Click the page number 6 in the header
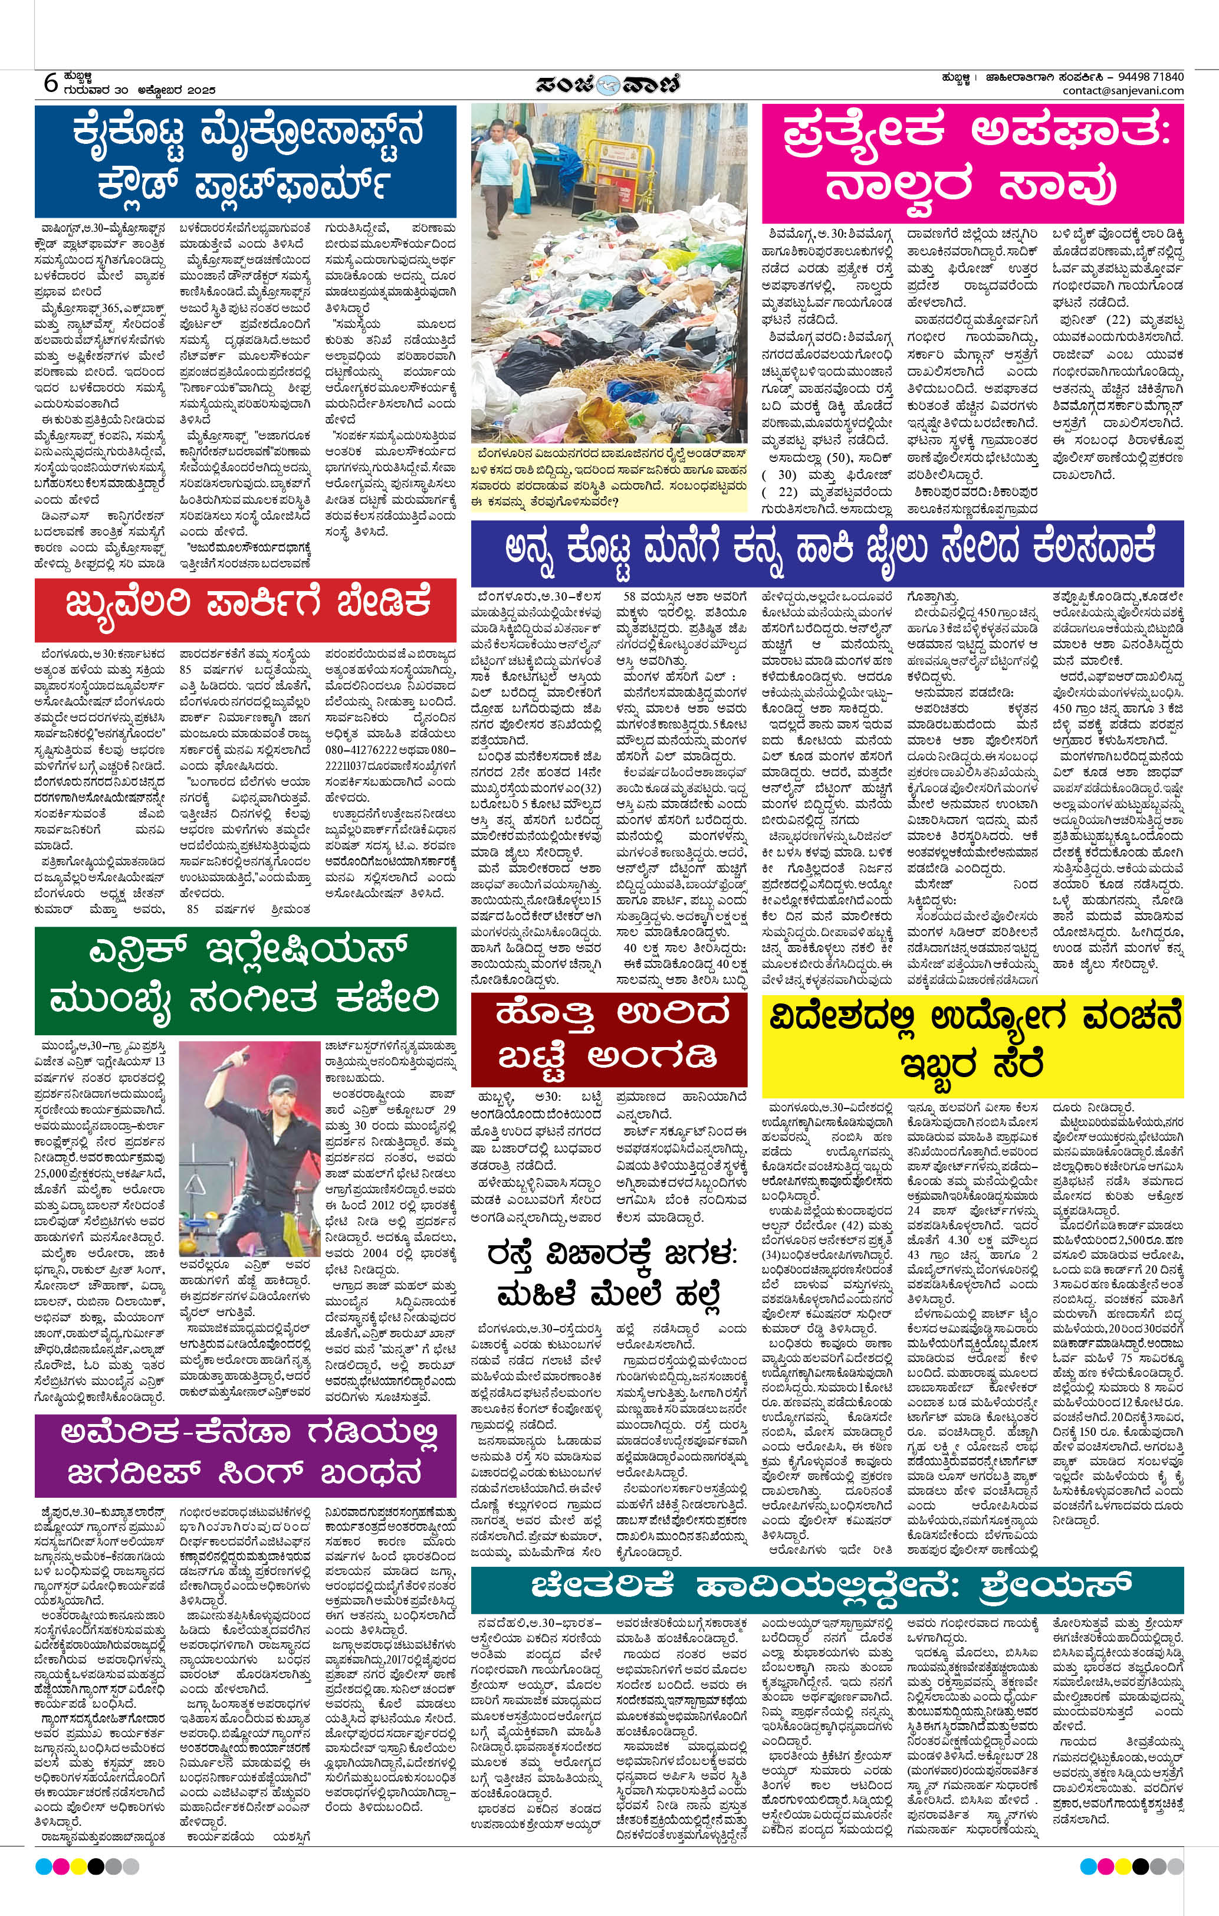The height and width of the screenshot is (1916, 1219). (50, 83)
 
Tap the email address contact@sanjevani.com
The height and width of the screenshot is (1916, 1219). (1123, 91)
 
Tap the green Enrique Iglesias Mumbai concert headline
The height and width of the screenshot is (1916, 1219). (245, 974)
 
